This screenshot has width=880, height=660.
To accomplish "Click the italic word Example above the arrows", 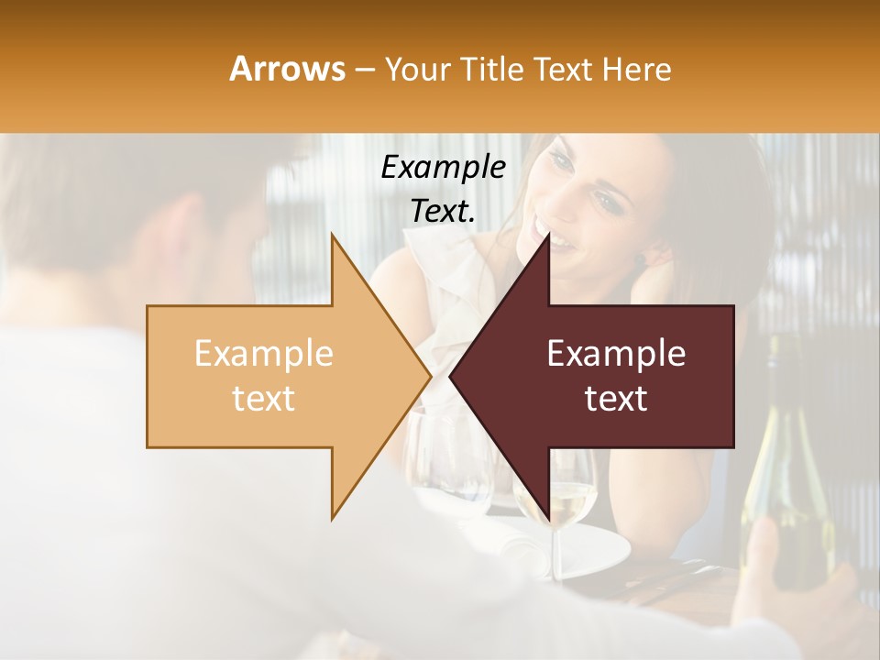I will tap(443, 168).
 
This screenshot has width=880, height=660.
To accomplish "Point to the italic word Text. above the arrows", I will tap(443, 211).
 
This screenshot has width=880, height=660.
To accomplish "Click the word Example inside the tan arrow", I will tap(263, 354).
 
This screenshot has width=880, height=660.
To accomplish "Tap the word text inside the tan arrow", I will tap(263, 399).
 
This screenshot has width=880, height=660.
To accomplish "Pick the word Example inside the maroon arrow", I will tap(616, 354).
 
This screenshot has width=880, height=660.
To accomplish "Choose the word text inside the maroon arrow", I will tap(616, 399).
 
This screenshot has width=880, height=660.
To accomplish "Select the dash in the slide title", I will tap(364, 70).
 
